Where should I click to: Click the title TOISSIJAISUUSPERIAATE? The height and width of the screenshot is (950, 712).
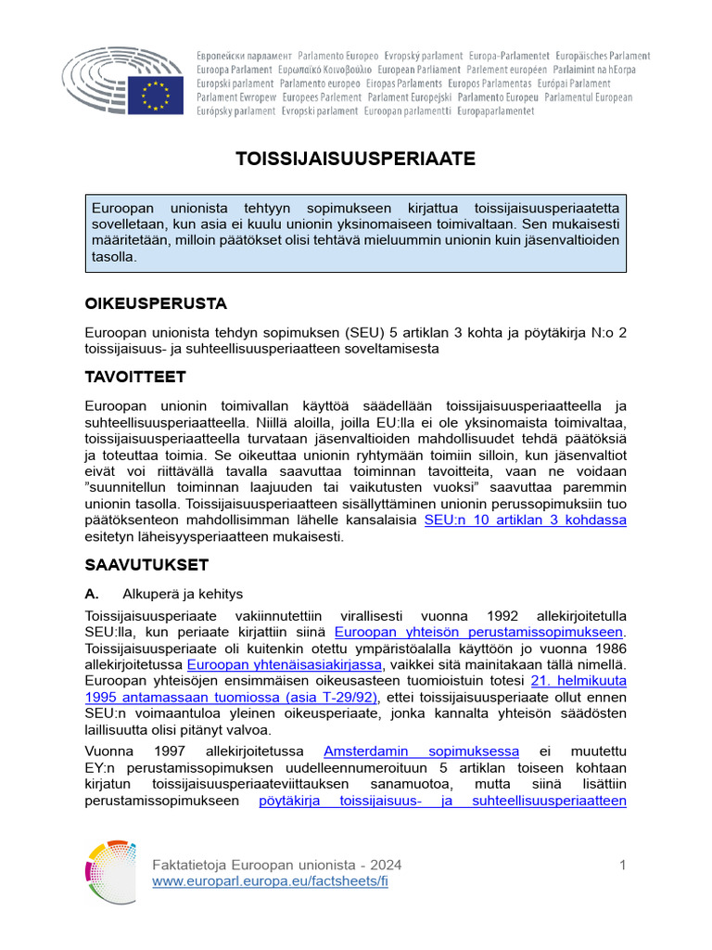click(x=356, y=159)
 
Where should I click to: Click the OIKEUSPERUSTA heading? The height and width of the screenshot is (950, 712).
click(x=156, y=303)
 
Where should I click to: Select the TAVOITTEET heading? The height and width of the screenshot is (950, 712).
click(x=135, y=377)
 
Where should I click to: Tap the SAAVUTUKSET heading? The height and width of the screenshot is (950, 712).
click(x=146, y=564)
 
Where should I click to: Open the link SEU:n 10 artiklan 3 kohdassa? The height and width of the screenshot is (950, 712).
click(x=525, y=520)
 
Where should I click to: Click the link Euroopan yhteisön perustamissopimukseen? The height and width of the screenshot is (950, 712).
click(x=478, y=631)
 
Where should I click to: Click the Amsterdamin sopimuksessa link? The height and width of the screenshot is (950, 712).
click(x=421, y=750)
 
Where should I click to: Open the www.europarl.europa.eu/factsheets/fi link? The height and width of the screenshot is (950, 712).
click(x=270, y=881)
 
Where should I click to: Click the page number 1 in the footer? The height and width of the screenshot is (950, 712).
click(x=623, y=865)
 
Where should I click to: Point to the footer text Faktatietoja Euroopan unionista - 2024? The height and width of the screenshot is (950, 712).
click(x=276, y=865)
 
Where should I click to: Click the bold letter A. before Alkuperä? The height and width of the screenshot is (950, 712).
click(x=92, y=594)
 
